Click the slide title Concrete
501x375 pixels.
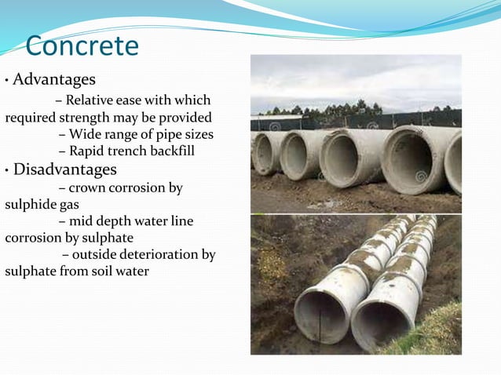click(82, 46)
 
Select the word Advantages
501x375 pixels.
click(54, 80)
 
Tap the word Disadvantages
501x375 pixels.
click(65, 169)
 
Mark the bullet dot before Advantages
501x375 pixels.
click(6, 81)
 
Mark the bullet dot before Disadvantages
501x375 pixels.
click(6, 170)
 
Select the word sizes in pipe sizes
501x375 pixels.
click(197, 134)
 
